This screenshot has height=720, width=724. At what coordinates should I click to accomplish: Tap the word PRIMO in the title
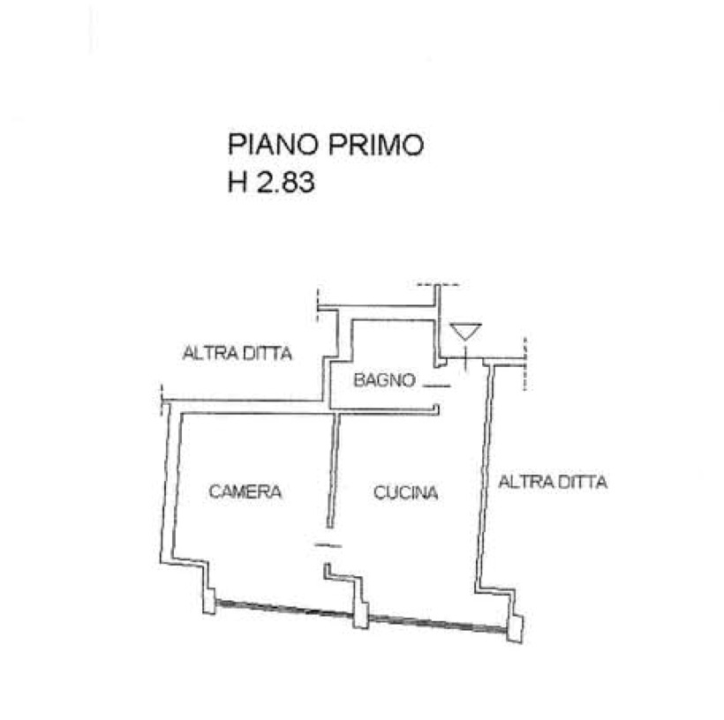(377, 146)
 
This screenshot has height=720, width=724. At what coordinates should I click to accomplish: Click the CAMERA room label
(246, 491)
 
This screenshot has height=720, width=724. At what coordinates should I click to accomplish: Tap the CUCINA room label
(405, 492)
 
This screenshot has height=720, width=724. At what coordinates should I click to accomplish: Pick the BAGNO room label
(384, 379)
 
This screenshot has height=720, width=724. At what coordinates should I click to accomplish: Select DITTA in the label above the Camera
(267, 355)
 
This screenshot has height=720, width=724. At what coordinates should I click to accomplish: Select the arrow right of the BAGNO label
(438, 386)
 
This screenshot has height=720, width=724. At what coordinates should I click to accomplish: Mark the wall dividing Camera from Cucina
(333, 476)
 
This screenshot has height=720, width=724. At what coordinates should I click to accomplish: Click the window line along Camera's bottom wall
(283, 610)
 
